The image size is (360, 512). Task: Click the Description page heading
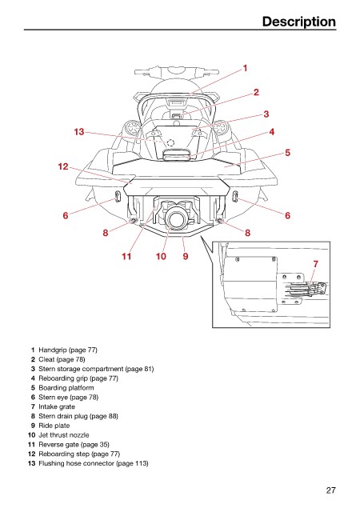pos(299,22)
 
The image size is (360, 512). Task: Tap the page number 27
pos(330,490)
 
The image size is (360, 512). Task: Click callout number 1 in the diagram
pos(245,68)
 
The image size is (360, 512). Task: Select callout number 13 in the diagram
pos(79,132)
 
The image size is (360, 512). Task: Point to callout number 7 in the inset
pos(315,264)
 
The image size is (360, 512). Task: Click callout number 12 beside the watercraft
pos(63,166)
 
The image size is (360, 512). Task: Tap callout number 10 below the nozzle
pos(161,256)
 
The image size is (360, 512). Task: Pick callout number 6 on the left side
pos(66,215)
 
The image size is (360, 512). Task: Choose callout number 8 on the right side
pos(248,233)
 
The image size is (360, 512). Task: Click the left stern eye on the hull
pos(118,197)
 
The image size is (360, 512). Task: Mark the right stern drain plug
pos(219,222)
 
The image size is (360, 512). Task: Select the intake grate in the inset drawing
pos(306,288)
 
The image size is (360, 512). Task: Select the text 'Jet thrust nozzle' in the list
pos(64,435)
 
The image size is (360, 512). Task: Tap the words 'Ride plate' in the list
pos(54,426)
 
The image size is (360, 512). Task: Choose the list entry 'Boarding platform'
pos(66,387)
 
